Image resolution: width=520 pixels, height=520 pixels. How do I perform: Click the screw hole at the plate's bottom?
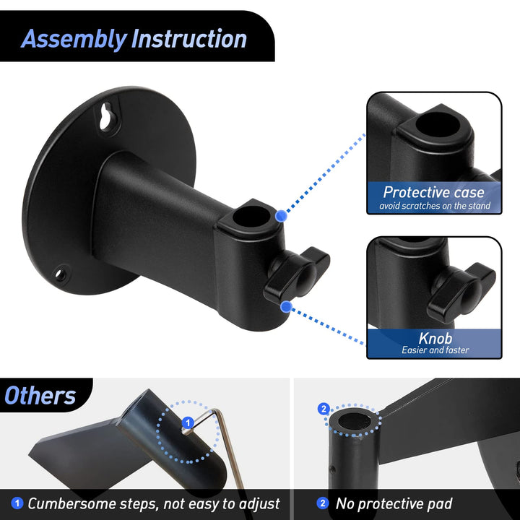point(62,273)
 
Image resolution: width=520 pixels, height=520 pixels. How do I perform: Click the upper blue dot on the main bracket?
point(282,214)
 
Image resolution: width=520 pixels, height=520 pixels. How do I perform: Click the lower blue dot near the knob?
point(286,307)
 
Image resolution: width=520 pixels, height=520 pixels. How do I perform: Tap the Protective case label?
point(433,192)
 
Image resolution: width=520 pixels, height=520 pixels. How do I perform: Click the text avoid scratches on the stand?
point(434,207)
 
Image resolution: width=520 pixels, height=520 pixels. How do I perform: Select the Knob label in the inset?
point(435,338)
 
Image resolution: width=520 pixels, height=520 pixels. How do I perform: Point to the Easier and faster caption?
point(435,350)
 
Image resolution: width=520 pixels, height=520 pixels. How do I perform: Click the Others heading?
point(40,395)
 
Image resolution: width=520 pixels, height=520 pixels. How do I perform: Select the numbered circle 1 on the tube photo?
point(186,422)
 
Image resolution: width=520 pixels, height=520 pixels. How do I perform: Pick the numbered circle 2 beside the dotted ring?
point(323,409)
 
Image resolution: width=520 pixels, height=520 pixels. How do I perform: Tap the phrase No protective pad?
point(394,503)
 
